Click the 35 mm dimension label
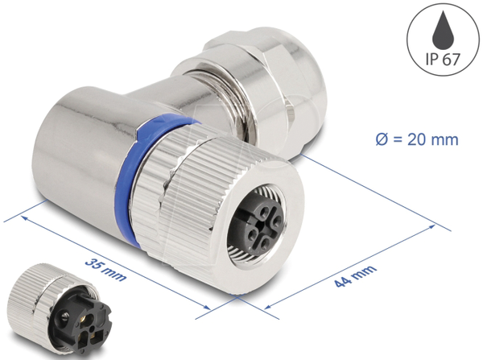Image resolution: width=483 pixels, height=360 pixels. (105, 270)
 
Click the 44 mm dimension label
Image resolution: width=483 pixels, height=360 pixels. (356, 276)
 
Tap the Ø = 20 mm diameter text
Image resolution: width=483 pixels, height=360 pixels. (417, 139)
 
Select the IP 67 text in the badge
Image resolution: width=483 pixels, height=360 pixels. (443, 59)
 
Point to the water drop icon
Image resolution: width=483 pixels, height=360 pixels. (443, 29)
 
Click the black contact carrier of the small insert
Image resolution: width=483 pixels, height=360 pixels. (80, 325)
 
